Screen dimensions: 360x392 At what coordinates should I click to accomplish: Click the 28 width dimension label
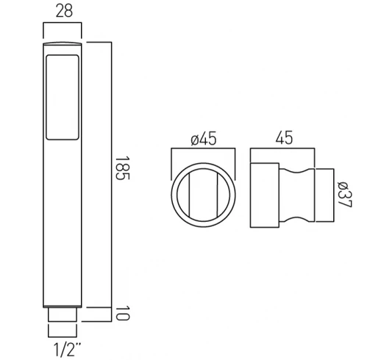point(63,11)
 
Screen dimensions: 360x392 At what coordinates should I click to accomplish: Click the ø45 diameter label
point(202,139)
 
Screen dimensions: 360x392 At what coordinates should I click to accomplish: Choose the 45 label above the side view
point(283,138)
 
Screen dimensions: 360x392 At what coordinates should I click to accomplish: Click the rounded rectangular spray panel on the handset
point(63,96)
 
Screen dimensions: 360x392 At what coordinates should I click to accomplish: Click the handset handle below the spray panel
point(63,220)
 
